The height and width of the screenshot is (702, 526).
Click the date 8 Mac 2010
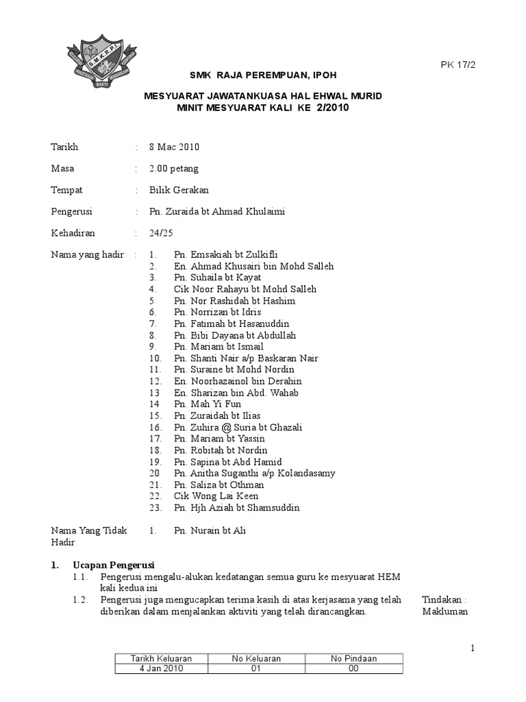point(175,147)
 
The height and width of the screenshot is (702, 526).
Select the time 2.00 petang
point(175,169)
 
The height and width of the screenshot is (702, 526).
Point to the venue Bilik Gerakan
point(179,190)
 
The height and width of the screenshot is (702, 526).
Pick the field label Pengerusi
point(72,212)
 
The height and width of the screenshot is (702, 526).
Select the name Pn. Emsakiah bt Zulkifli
point(225,255)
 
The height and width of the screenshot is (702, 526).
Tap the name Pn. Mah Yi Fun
point(207,404)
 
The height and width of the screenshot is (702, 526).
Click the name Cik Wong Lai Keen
point(216,496)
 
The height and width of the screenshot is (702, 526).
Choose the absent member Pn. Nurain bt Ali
point(210,531)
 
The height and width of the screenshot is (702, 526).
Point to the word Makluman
point(445,612)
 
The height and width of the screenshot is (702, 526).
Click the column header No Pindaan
point(353,658)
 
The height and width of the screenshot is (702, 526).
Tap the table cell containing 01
point(256,669)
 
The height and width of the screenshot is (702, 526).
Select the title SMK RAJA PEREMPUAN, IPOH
point(263,74)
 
